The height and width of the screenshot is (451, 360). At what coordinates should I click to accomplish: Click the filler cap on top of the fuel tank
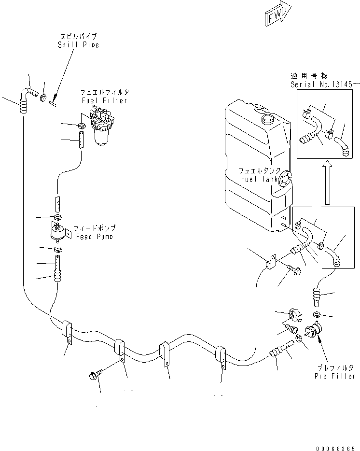pos(267,118)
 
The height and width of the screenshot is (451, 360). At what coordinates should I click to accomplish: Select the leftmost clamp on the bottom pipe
pos(67,331)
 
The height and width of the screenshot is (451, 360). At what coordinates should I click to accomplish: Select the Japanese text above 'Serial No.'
pos(309,76)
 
